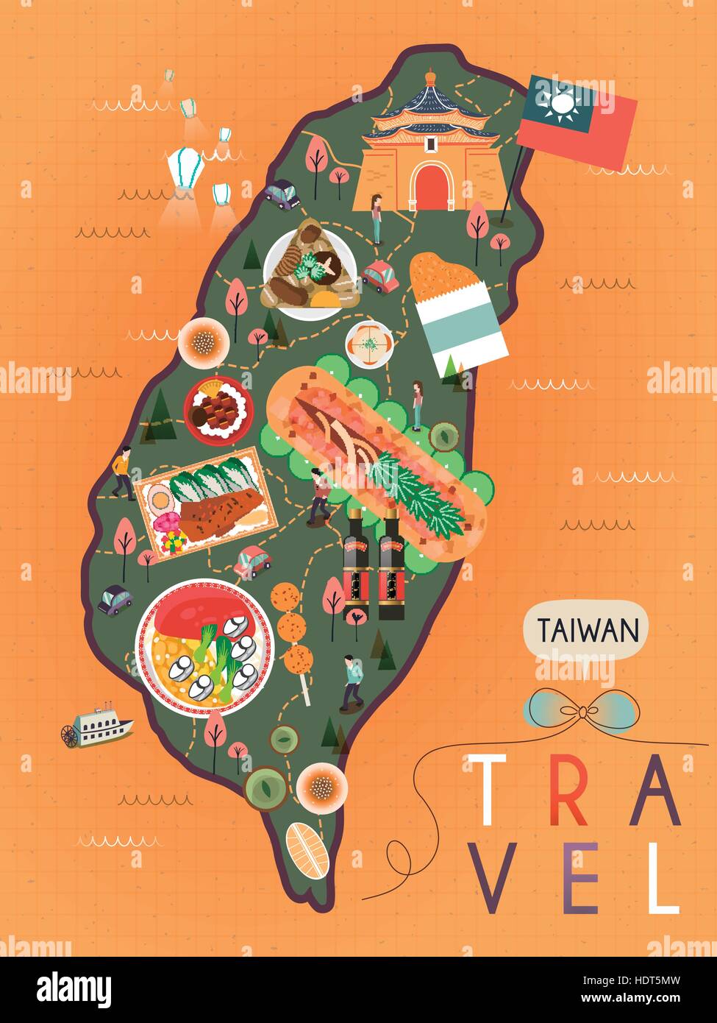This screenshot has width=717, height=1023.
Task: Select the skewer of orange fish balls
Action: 292,627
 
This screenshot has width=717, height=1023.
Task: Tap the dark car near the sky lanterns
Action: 282,194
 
